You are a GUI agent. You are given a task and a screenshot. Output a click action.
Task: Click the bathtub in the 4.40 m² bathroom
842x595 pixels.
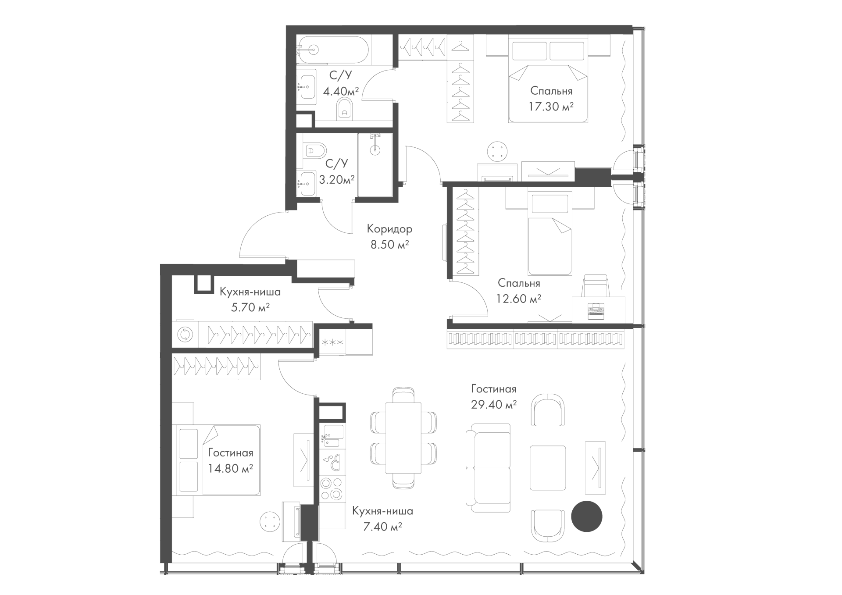pyautogui.click(x=335, y=50)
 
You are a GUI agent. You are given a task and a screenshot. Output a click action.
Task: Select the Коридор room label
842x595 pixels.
pyautogui.click(x=389, y=229)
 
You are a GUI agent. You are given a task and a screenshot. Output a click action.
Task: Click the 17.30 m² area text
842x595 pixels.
pyautogui.click(x=551, y=107)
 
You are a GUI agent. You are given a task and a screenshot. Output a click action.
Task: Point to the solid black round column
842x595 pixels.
pyautogui.click(x=587, y=517)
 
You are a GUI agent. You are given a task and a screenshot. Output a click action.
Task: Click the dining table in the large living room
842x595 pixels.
pyautogui.click(x=403, y=438)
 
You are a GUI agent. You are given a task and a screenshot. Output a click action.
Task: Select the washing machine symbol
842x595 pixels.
pyautogui.click(x=185, y=335)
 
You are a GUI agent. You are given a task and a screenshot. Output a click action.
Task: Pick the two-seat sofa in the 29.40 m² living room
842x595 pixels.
pyautogui.click(x=488, y=468)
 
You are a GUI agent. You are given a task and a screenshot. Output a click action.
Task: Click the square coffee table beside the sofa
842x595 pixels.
pyautogui.click(x=548, y=468)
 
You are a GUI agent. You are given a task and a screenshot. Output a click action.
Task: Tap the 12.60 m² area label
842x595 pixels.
pyautogui.click(x=518, y=299)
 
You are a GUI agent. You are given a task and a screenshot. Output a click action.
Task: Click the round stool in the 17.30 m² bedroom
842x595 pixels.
pyautogui.click(x=497, y=152)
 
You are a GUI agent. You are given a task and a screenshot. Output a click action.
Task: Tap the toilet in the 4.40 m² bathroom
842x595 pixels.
pyautogui.click(x=344, y=108)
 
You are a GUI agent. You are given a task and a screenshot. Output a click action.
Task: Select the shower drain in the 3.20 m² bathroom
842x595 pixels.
pyautogui.click(x=375, y=150)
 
